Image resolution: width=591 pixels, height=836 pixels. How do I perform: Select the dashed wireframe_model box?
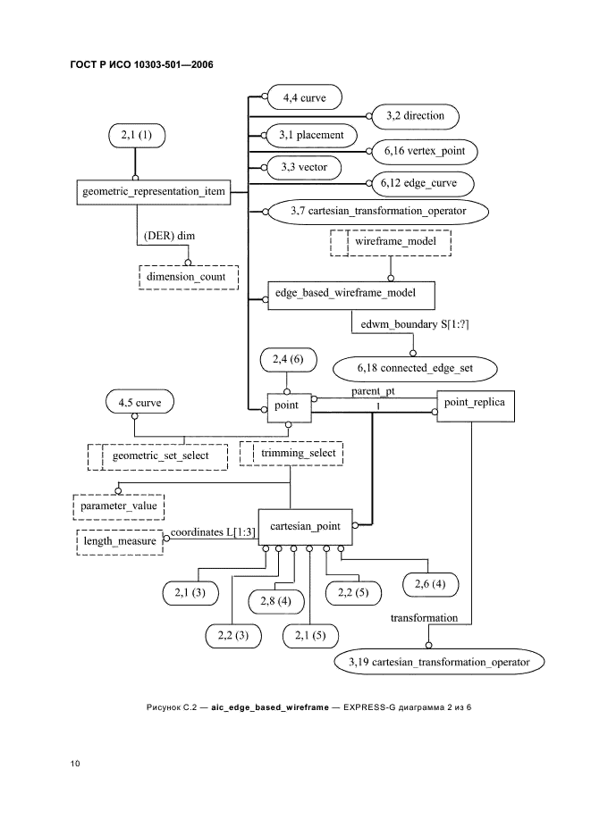click(390, 242)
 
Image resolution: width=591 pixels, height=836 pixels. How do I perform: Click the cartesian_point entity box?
click(305, 528)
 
